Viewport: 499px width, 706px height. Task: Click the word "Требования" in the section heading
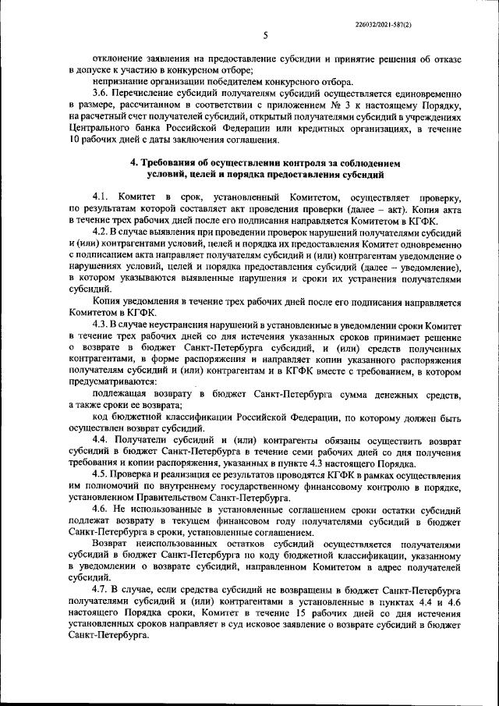177,165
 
